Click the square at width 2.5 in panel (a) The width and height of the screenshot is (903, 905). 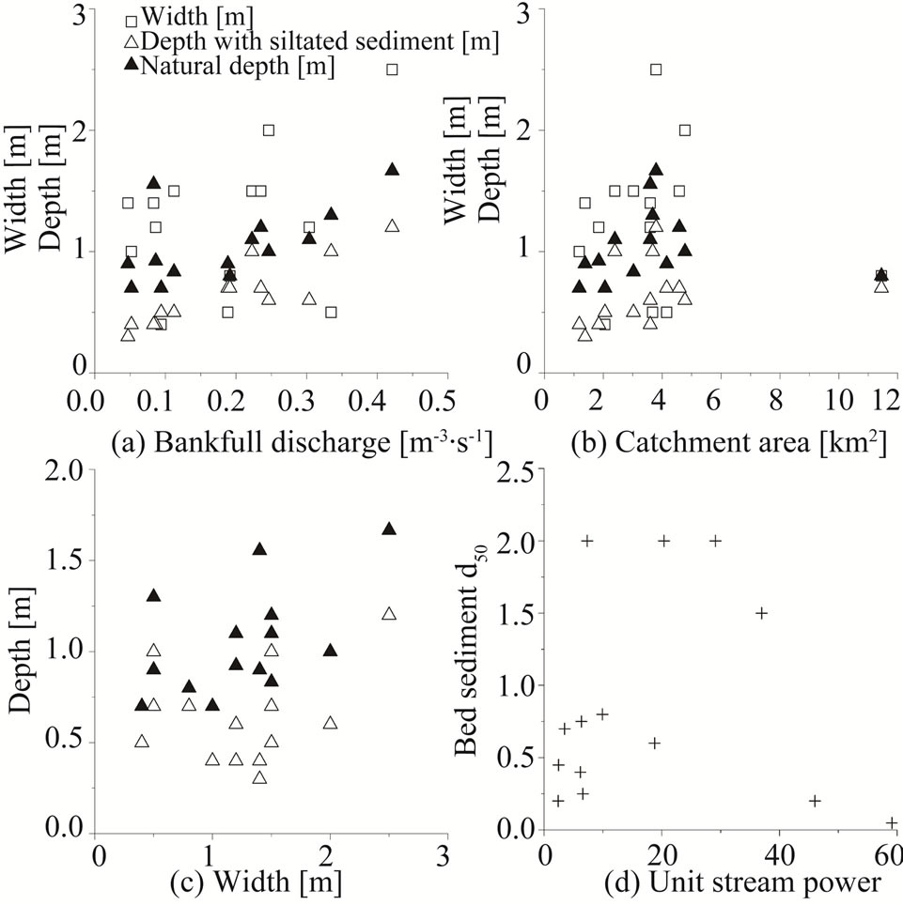(393, 69)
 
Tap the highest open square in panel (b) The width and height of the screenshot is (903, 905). (656, 69)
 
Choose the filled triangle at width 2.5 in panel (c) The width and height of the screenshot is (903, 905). (389, 529)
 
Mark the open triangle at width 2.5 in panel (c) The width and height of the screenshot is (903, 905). (389, 613)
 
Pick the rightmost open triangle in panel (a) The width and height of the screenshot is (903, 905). (393, 225)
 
